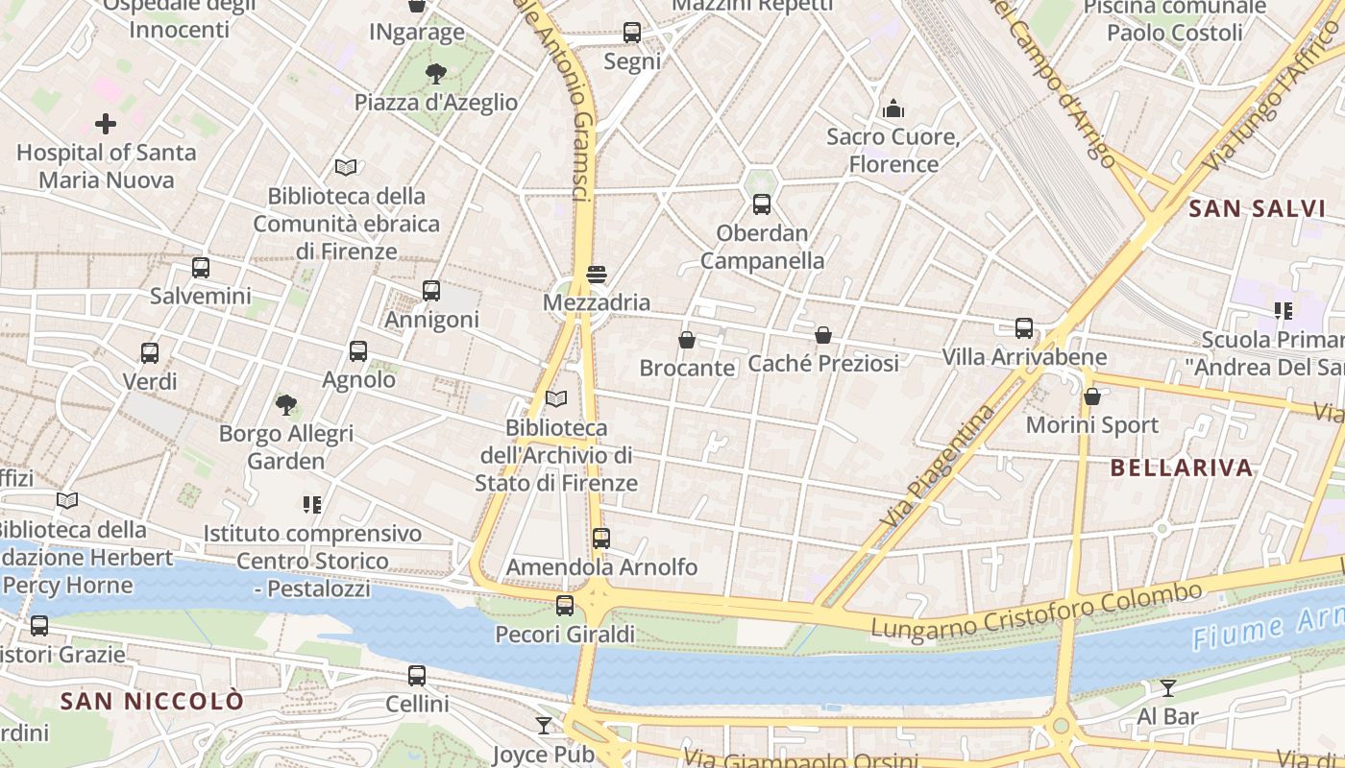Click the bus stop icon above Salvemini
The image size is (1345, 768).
click(x=201, y=268)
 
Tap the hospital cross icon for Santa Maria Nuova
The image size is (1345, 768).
click(x=106, y=124)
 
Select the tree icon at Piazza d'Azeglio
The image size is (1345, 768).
click(x=436, y=74)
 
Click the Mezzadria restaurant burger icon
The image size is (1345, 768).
click(x=597, y=275)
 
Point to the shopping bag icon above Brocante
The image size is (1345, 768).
click(x=687, y=340)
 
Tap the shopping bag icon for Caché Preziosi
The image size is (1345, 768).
click(x=823, y=335)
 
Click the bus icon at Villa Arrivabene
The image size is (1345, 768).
click(x=1024, y=328)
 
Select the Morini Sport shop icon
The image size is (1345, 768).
click(x=1092, y=396)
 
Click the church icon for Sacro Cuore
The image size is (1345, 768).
click(x=893, y=108)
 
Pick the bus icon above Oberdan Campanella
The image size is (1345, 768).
click(x=762, y=204)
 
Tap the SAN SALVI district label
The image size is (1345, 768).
click(x=1257, y=208)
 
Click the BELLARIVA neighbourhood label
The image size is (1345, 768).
click(x=1182, y=468)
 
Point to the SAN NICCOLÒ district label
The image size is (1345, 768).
click(x=152, y=701)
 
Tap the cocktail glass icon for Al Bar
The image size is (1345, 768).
click(x=1168, y=687)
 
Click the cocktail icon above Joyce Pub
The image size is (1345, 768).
click(x=544, y=726)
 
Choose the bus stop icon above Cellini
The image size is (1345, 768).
click(x=417, y=676)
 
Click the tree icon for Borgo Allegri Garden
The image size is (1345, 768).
click(x=285, y=405)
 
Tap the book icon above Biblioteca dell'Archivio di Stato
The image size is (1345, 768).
click(x=556, y=398)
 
